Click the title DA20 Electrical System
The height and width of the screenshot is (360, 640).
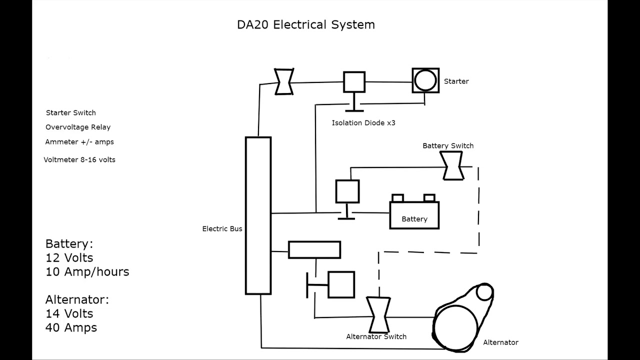click(305, 24)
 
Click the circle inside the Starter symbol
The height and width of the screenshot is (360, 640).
click(425, 80)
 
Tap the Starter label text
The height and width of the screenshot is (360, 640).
click(456, 81)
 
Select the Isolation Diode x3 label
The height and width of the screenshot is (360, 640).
click(363, 123)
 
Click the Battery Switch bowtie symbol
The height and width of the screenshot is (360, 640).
click(451, 165)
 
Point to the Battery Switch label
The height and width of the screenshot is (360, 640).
click(448, 146)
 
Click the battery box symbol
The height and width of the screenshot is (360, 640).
click(414, 214)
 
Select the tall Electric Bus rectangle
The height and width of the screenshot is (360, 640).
click(258, 215)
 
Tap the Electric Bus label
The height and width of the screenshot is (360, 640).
click(222, 229)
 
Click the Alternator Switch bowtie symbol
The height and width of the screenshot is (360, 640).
click(378, 315)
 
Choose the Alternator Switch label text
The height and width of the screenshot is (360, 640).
click(376, 337)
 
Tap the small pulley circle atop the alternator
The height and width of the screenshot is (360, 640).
click(484, 292)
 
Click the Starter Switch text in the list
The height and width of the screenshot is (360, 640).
click(70, 113)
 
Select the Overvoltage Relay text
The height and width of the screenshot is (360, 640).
click(78, 127)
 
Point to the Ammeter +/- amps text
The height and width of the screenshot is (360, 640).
click(79, 142)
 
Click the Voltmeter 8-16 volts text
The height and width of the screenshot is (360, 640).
click(79, 160)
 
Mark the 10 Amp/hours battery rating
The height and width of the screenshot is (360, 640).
click(87, 272)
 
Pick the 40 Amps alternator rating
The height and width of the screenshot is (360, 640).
click(71, 328)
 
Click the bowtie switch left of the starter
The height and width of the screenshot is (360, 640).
click(284, 81)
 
